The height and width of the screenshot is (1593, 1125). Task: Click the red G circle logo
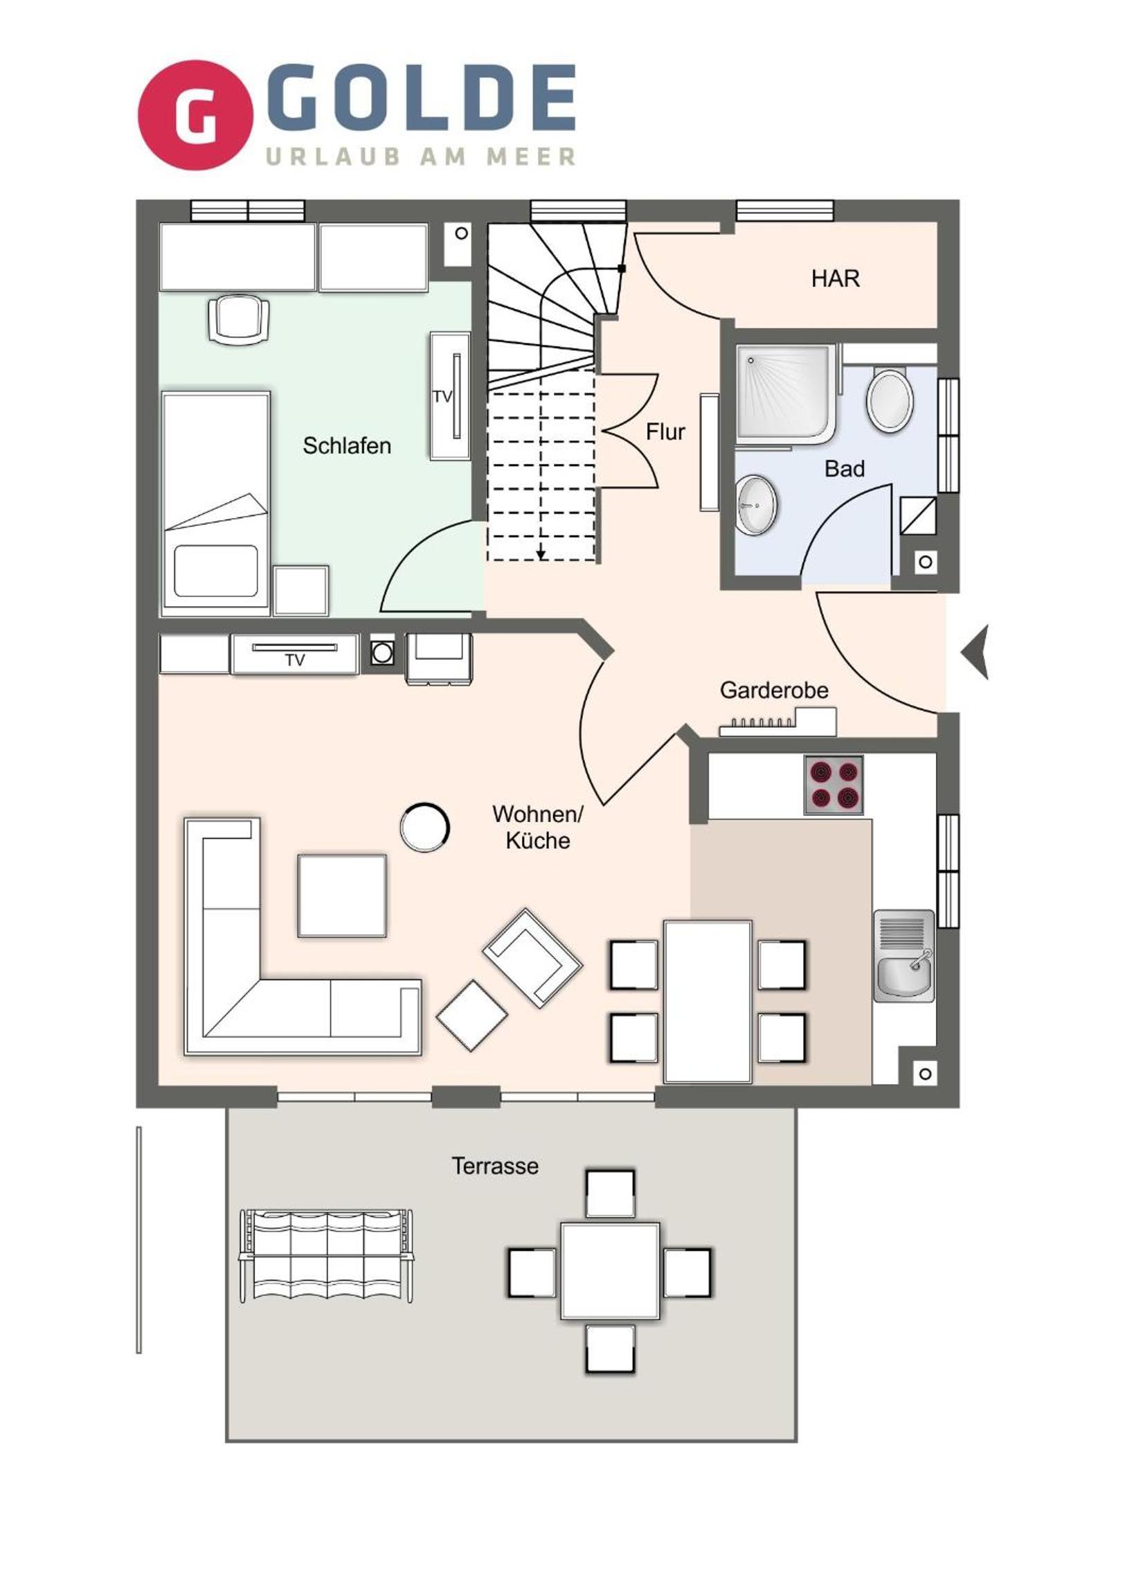[196, 114]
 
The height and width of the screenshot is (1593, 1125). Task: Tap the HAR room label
[835, 279]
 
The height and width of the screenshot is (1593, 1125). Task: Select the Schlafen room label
[347, 445]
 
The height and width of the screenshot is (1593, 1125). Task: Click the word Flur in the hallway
[665, 431]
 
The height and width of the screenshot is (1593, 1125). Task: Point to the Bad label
[844, 469]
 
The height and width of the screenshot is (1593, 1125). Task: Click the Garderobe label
[774, 691]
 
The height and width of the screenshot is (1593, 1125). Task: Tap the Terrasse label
[494, 1166]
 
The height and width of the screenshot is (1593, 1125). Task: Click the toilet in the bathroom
[890, 400]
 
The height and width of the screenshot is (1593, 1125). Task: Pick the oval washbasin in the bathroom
[756, 504]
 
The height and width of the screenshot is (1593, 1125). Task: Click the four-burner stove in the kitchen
[834, 785]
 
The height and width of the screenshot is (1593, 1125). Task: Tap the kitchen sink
[903, 955]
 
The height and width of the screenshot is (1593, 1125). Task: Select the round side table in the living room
[424, 827]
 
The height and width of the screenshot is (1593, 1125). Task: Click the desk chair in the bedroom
[239, 319]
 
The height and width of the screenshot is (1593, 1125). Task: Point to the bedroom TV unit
[450, 396]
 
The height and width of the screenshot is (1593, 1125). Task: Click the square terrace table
[611, 1271]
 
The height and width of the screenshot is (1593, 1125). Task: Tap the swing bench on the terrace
[326, 1257]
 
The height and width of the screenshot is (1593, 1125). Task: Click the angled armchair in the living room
[532, 958]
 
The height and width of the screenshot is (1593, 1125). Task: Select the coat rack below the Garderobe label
[777, 722]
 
